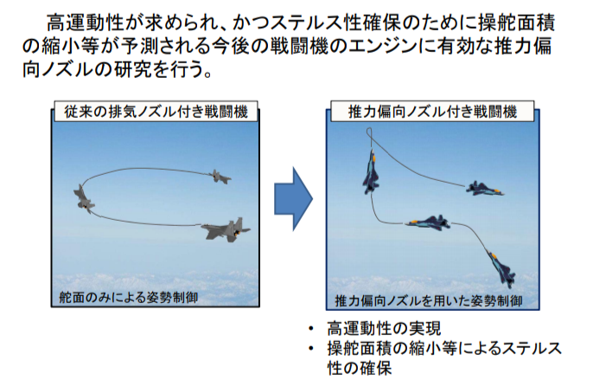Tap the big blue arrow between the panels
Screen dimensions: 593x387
coord(293,198)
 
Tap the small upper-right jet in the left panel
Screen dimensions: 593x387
coord(220,176)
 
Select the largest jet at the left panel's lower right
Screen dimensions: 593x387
coord(226,230)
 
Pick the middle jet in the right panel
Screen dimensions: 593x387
coord(428,224)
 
